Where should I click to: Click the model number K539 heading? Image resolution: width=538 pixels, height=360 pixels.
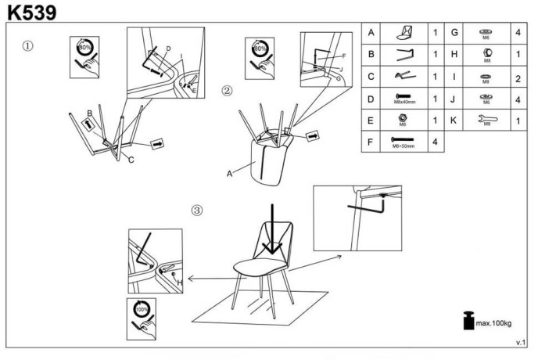(31, 11)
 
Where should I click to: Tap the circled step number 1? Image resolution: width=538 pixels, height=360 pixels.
(28, 45)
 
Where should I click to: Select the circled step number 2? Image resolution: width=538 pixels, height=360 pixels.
(227, 90)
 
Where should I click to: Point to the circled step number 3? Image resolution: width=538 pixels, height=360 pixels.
(198, 210)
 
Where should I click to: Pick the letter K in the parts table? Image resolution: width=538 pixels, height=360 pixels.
(454, 121)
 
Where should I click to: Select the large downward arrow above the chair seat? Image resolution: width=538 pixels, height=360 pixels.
(271, 229)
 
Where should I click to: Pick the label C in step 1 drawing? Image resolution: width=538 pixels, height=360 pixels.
(131, 160)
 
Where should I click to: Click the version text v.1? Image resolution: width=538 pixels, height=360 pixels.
(521, 343)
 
